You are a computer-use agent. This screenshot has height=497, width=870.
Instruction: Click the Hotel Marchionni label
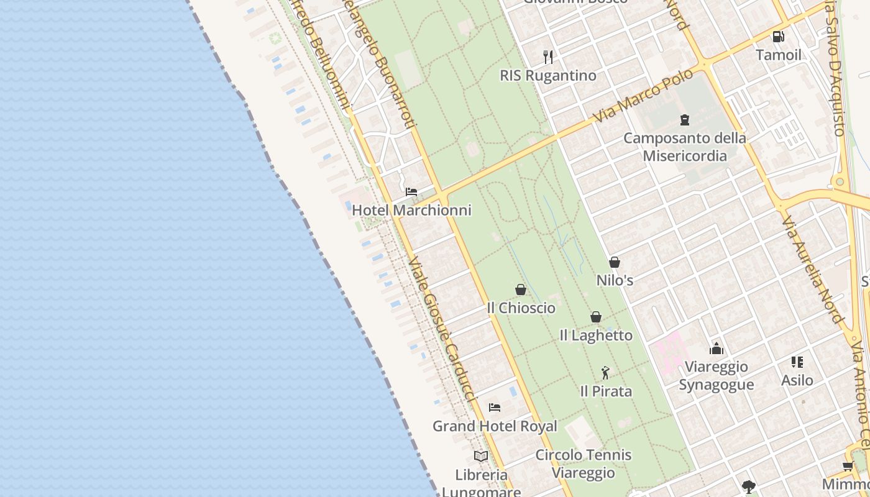411,210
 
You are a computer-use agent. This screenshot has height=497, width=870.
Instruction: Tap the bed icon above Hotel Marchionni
411,191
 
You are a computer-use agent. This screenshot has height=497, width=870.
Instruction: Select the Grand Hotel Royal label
495,426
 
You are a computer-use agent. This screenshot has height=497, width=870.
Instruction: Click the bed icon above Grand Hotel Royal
495,408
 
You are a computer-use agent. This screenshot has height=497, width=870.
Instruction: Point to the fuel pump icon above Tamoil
778,37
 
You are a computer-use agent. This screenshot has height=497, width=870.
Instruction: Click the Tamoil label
779,55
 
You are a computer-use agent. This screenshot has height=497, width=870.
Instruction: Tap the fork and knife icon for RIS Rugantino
548,57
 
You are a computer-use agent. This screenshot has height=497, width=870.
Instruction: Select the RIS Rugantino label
548,76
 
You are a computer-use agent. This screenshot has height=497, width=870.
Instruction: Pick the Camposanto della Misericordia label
685,147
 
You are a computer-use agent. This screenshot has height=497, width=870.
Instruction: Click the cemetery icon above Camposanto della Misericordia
685,119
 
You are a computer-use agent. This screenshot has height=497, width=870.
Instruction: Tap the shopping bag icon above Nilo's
615,262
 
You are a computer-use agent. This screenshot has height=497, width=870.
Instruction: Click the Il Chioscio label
521,308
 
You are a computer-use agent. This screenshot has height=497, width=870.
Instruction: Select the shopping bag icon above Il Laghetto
596,317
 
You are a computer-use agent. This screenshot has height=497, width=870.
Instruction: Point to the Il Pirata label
606,391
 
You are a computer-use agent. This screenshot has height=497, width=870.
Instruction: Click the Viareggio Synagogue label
717,375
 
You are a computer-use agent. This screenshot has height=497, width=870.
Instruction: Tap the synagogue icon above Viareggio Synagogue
717,349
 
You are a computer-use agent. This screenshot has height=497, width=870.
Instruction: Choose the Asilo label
797,380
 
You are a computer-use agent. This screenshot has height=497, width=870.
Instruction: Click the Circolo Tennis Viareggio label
584,463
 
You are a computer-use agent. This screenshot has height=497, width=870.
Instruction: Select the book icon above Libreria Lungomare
481,456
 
